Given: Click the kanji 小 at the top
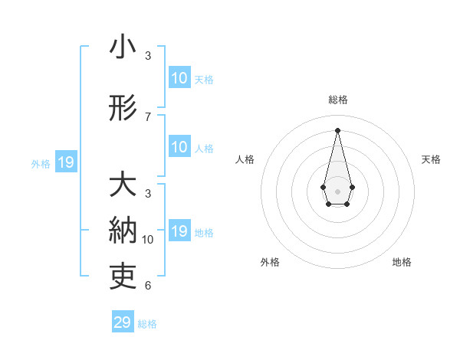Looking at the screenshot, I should pos(123,47).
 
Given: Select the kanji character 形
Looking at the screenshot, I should pos(123,109).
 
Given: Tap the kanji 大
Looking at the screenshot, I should pos(123,185).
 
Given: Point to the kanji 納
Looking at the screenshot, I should pos(123,231).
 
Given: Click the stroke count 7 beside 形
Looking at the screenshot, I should pos(148,116).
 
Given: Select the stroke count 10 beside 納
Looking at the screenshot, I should pos(148,239).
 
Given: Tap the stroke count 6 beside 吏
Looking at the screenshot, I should pos(148,286).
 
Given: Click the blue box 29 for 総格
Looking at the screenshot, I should pos(123,322).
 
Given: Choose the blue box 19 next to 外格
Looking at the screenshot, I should pos(66,162).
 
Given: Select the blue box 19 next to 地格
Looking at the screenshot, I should pos(179,231).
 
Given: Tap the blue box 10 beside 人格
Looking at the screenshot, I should pos(179,147).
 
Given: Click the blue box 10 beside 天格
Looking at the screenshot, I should pos(179,78).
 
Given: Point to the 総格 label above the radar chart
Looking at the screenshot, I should pos(338,100).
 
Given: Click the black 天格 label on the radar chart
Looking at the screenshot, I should pos(431,159).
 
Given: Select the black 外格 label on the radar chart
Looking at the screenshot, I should pos(270,262).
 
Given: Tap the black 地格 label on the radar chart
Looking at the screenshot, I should pos(402,262).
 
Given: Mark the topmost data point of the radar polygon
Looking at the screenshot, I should pos(337,129).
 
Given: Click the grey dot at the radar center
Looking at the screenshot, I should pos(337,191).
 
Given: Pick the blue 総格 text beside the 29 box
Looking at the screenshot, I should pos(147,324).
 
